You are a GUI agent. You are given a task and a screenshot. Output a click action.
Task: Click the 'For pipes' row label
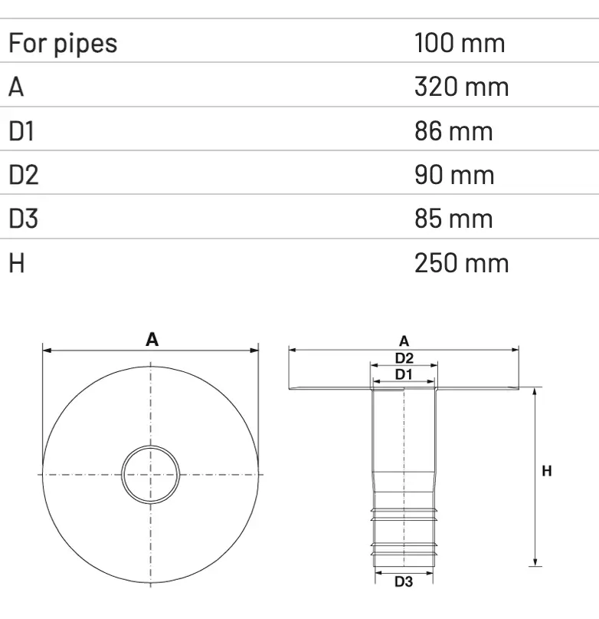(63, 43)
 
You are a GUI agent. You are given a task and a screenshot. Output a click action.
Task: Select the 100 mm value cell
(460, 43)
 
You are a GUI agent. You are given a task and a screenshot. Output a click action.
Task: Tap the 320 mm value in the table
(461, 87)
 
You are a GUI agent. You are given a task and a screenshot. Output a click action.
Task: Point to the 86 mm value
(453, 131)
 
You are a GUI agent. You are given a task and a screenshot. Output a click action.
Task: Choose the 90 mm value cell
(454, 175)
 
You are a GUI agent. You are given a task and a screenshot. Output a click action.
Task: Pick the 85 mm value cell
(453, 219)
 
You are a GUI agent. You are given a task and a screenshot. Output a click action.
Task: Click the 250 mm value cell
(461, 263)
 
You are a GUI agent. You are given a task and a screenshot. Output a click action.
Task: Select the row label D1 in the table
(22, 131)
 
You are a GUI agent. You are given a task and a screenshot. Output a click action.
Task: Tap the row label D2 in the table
(24, 175)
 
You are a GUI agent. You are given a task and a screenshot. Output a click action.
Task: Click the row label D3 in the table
(24, 219)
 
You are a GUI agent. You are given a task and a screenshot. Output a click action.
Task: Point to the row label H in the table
(17, 263)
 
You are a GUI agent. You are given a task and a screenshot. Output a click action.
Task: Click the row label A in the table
(17, 87)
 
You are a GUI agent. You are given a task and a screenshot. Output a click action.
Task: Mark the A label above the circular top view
(152, 339)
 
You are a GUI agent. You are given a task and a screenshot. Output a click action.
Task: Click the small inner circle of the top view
(151, 475)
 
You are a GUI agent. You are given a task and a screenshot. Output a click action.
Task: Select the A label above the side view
(404, 341)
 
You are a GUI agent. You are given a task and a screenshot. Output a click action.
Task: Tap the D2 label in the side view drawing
(404, 357)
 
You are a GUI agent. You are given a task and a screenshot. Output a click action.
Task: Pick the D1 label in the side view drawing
(404, 374)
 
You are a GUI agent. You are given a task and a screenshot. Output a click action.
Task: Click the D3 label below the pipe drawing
(404, 582)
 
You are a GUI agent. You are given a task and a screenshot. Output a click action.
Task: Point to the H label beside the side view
(547, 472)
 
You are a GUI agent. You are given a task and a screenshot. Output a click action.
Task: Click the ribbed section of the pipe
(404, 533)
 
